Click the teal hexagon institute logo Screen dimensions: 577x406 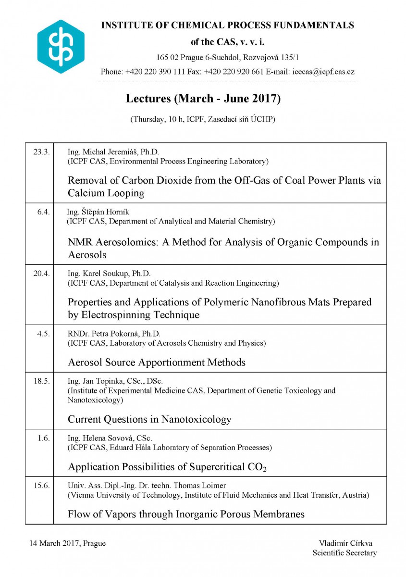point(61,47)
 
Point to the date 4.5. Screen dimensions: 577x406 point(44,334)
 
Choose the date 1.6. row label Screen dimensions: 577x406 point(44,438)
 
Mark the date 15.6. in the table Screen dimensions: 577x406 point(42,486)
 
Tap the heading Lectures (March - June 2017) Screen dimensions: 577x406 point(203,99)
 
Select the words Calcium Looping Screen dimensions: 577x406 point(106,193)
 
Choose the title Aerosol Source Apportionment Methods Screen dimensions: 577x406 point(157,362)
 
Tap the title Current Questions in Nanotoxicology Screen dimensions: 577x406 point(149,419)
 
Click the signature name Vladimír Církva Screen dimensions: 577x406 point(342,543)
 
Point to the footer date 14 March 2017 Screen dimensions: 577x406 point(54,543)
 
